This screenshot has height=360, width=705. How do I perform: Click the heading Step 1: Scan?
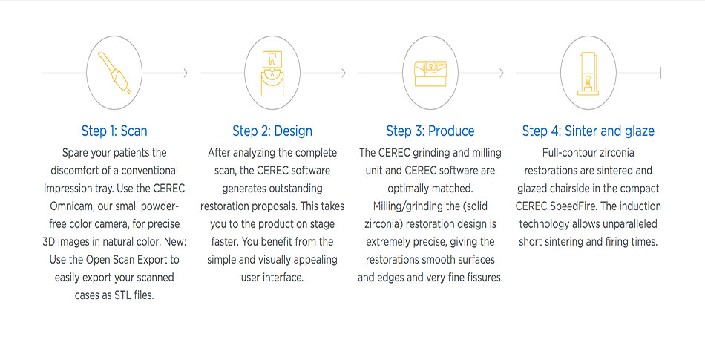114,131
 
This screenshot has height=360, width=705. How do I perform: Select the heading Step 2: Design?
272,131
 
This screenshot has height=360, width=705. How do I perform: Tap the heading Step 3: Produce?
430,131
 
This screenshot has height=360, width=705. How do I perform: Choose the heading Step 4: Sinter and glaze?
588,131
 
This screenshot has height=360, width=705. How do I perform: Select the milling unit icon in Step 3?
430,73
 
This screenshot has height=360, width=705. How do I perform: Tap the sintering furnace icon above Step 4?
588,73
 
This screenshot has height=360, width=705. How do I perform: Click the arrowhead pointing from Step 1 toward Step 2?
186,73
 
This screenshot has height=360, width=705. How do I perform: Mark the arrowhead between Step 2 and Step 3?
343,73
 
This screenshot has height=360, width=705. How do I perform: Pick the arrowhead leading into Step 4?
501,73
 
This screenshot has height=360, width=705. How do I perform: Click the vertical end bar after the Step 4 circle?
660,73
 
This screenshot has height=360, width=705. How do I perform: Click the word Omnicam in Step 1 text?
70,206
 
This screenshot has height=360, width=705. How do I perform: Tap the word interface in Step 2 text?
283,278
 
